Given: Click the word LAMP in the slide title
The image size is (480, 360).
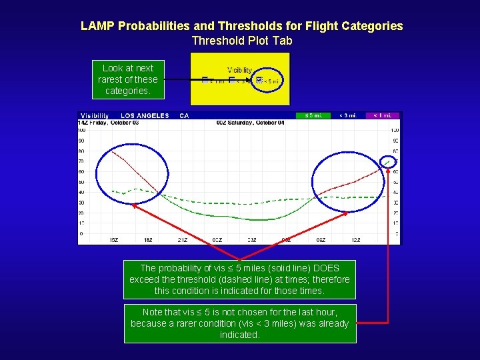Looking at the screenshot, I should (x=97, y=26).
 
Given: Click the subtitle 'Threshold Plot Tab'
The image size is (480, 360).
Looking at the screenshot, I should (x=241, y=41).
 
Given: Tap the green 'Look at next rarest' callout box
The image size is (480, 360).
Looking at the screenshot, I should (x=127, y=79).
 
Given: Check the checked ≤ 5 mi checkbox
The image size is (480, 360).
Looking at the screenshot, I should (x=259, y=81).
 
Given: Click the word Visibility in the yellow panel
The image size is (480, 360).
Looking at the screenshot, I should (x=239, y=69).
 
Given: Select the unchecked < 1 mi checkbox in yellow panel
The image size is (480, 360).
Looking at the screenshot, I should (x=205, y=81).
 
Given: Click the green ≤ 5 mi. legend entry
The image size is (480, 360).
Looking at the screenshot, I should (x=313, y=115).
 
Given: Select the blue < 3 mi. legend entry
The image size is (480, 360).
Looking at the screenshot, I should (x=348, y=115).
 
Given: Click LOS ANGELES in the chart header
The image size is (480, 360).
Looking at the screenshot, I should (x=145, y=115).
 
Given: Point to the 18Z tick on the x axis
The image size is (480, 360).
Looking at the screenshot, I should (x=149, y=239).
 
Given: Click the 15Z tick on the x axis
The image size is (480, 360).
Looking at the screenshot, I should (x=114, y=239).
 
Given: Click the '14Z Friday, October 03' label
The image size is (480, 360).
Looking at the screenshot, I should (x=107, y=123).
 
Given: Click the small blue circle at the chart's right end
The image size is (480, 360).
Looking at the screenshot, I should (x=387, y=161).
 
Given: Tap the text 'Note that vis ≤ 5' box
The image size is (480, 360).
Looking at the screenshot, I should (x=240, y=323).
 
